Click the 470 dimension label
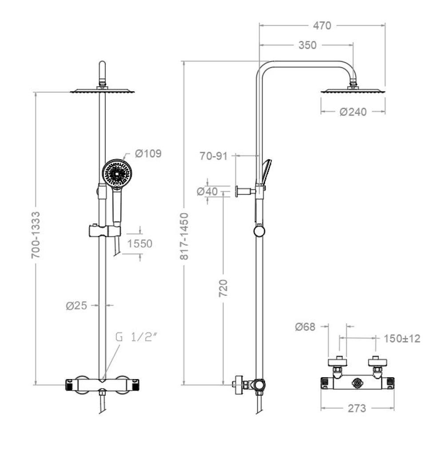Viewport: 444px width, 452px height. coord(322,26)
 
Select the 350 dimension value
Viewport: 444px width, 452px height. coord(307,45)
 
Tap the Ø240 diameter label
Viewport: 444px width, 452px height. coord(353,112)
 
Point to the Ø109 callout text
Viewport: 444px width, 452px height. coord(148,153)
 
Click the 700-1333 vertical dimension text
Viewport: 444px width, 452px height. coord(36,235)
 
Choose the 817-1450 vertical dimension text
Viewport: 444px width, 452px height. coord(184,236)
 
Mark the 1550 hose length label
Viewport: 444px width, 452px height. coord(139,244)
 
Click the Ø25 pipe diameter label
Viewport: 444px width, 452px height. coord(76,306)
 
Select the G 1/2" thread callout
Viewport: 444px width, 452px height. coord(137,337)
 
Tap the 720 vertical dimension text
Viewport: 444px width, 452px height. coord(223,288)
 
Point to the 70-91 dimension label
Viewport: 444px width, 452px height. coord(214,156)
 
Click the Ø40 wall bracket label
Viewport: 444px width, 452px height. coord(207,191)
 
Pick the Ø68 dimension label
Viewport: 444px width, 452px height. coord(305,327)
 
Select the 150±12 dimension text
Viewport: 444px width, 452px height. coord(402,339)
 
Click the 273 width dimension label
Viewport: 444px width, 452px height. coord(357,408)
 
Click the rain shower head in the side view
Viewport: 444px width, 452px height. coord(353,91)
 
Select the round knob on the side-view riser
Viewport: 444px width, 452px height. coord(260,231)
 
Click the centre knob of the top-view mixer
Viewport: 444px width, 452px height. coord(357,383)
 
